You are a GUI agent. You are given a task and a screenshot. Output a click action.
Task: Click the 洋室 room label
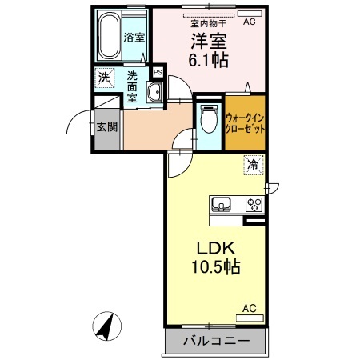[x=206, y=40]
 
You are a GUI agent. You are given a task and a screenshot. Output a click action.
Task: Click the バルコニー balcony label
[x=214, y=342]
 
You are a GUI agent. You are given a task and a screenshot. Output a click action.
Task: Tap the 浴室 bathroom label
[x=134, y=38]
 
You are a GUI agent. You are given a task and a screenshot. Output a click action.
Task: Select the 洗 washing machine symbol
[x=103, y=78]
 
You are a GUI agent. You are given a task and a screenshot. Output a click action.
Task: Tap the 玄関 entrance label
[x=106, y=126]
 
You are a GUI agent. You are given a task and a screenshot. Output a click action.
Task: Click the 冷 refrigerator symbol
[x=253, y=166]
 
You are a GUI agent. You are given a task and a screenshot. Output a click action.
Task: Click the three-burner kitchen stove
[x=254, y=203]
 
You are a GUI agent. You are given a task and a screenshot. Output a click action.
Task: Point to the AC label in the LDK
[x=248, y=308]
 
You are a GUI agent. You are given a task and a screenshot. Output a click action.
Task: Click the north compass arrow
[x=106, y=326]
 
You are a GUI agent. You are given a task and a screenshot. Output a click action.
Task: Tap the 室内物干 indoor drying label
[x=206, y=23]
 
